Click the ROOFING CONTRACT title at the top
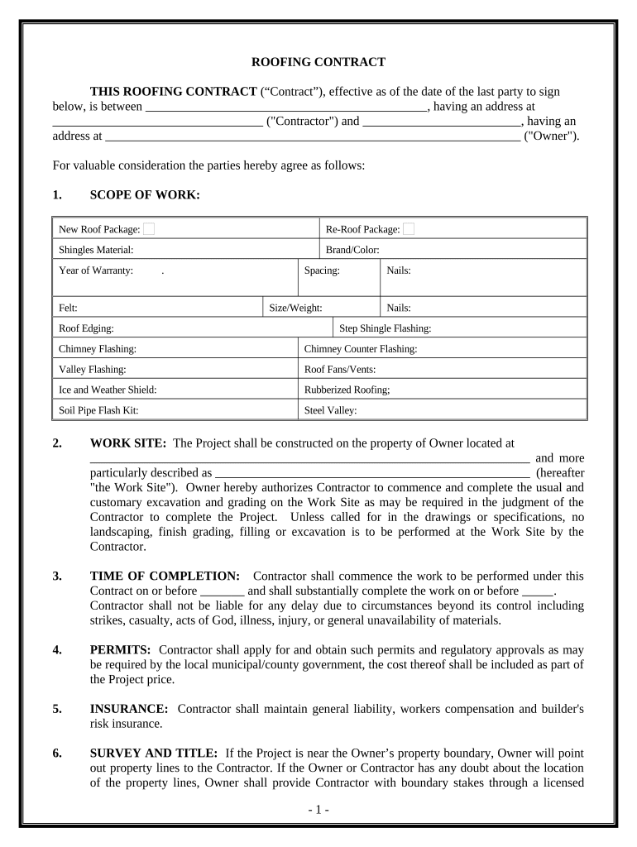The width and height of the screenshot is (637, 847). (x=318, y=62)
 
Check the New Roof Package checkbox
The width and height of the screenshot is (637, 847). (x=149, y=229)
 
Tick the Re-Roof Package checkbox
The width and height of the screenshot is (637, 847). (x=409, y=229)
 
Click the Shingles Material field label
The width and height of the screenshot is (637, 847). (x=96, y=249)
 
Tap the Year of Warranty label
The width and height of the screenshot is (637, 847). (x=96, y=270)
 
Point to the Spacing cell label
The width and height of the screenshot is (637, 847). (x=322, y=270)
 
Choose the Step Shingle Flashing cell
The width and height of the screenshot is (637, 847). (x=385, y=328)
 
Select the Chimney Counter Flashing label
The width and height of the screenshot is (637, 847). (x=361, y=349)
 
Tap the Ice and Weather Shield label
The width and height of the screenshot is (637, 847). (x=108, y=390)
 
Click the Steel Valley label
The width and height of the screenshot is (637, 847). (x=331, y=410)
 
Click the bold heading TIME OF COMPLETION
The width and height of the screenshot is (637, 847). (x=165, y=576)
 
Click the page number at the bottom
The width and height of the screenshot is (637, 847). (x=318, y=810)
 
